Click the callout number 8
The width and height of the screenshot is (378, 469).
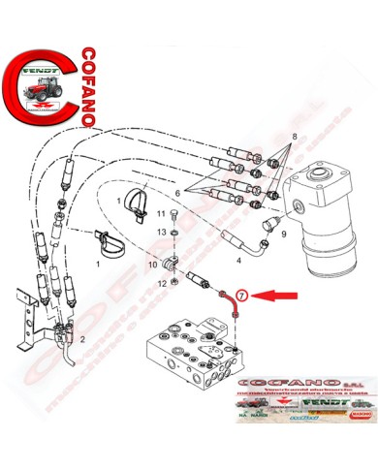point(282,140)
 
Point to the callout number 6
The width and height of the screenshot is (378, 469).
point(177,194)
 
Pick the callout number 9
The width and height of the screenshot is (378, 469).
point(283,234)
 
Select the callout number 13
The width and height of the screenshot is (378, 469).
point(161,233)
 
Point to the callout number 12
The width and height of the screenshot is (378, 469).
point(160,284)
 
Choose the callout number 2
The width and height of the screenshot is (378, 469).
point(83,339)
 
